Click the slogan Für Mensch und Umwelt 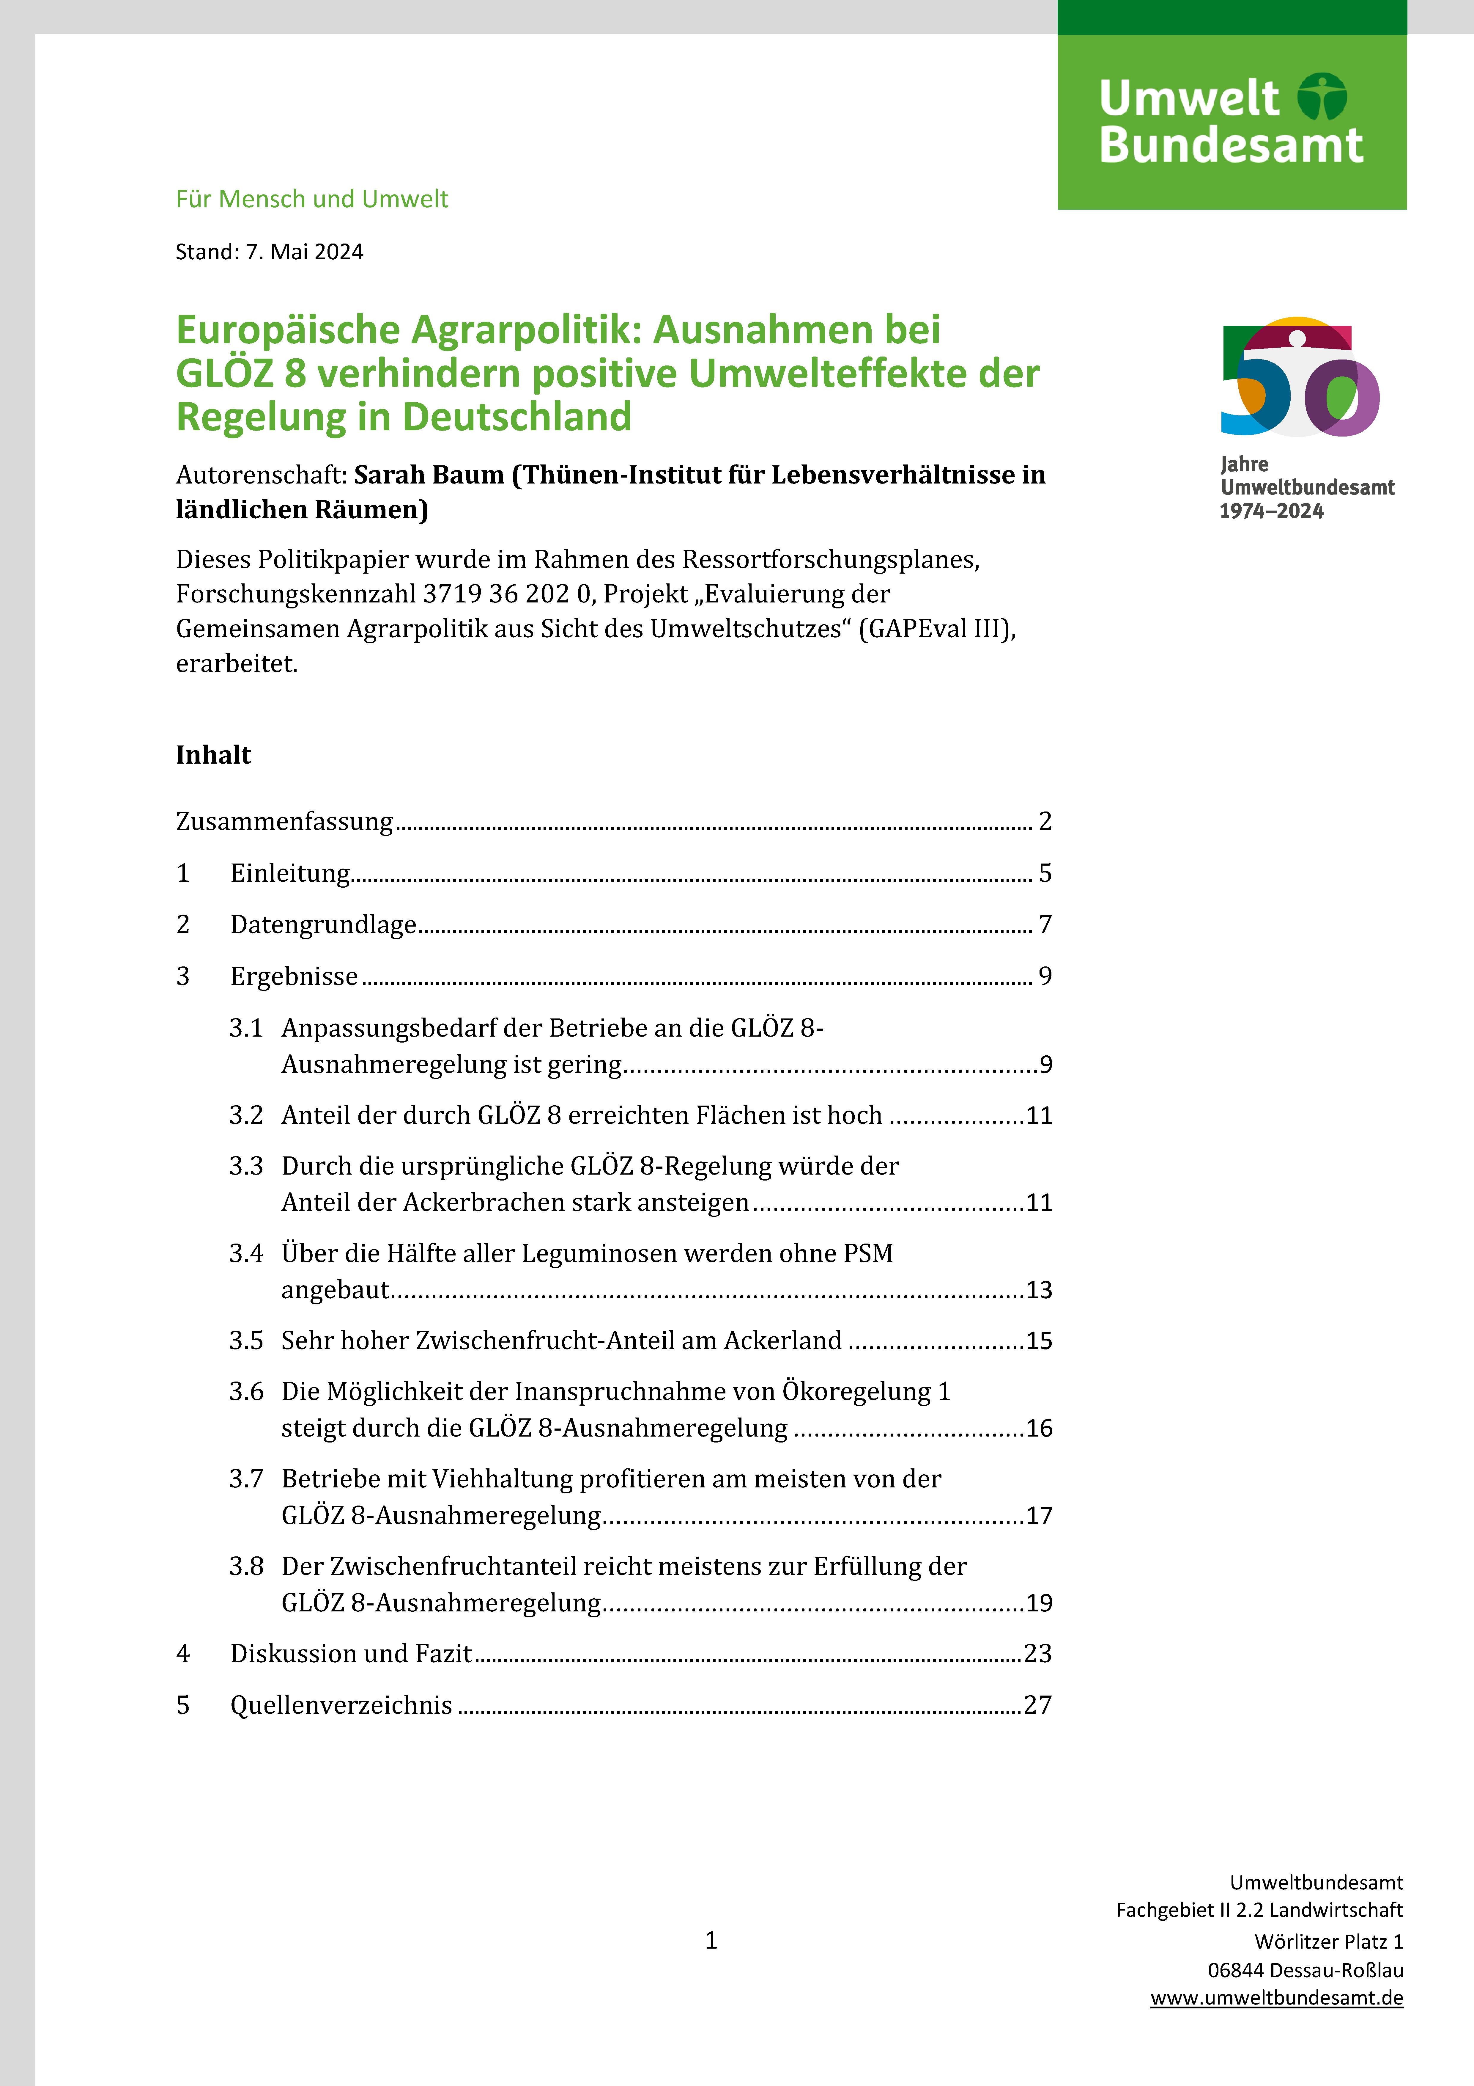(311, 199)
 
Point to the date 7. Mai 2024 (304, 252)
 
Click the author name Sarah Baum (429, 474)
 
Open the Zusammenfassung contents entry (284, 821)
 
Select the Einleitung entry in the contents (290, 873)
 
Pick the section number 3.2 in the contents (246, 1115)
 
